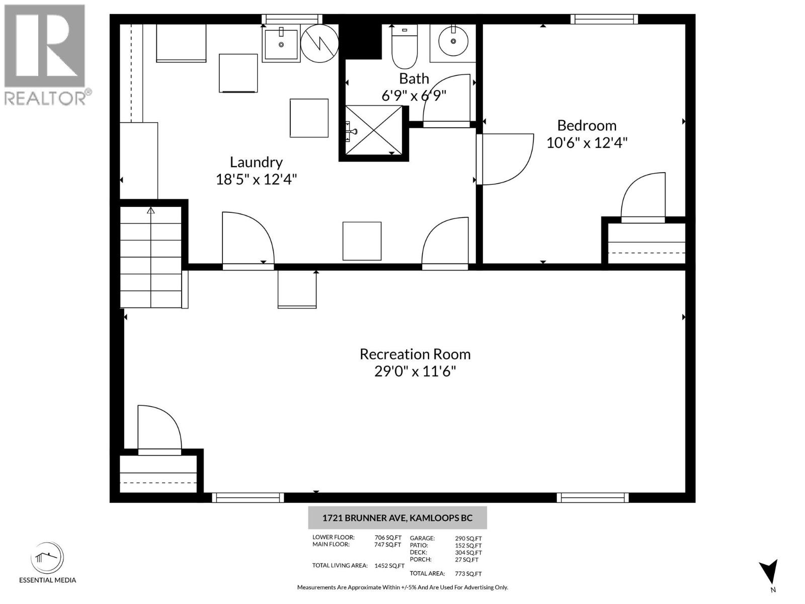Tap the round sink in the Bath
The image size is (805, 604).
[x=454, y=41]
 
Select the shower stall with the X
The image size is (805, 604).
[x=373, y=130]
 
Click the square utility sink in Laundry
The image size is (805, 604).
[x=281, y=44]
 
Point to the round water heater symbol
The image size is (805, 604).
[x=319, y=44]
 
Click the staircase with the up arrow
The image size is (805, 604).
[x=151, y=257]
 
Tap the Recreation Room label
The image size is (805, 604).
[x=415, y=354]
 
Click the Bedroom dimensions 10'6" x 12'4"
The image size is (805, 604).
[x=587, y=143]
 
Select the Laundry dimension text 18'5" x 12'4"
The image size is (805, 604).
[x=256, y=179]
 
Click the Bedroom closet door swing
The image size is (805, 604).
[x=644, y=197]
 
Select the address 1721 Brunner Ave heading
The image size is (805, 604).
[x=397, y=518]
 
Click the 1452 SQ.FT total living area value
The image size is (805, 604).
[x=389, y=566]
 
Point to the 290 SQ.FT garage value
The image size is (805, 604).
[x=468, y=538]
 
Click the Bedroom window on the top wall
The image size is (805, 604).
[x=604, y=20]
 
